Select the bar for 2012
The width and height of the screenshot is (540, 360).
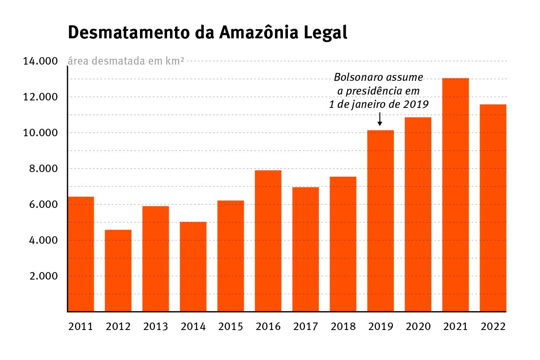pos(118,270)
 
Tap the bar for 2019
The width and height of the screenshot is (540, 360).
pos(380,221)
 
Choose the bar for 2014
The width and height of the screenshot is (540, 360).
pos(193,267)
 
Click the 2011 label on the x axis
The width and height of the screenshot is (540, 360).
pos(80,326)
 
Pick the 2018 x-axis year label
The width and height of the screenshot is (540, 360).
pos(343,326)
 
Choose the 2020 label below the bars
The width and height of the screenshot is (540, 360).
pos(418,326)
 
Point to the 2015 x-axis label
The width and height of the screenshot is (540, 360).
pos(230,326)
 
